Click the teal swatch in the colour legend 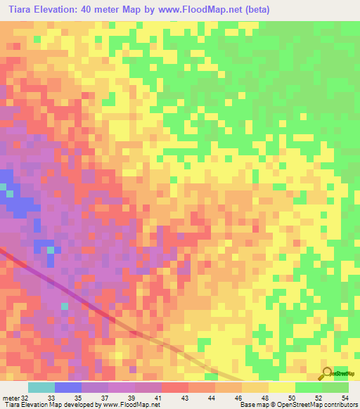[41, 387]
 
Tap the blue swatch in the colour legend [67, 387]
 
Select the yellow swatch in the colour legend [281, 387]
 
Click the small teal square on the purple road [65, 306]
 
